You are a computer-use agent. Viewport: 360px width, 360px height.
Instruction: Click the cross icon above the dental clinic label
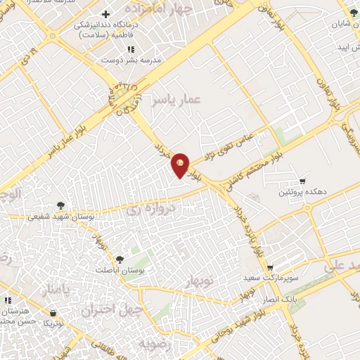click(x=105, y=14)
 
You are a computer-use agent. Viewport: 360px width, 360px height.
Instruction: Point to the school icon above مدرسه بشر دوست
click(x=131, y=49)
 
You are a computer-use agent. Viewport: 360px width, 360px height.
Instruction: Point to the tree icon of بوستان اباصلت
click(x=119, y=259)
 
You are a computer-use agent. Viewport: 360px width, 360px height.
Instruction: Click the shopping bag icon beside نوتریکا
click(x=53, y=313)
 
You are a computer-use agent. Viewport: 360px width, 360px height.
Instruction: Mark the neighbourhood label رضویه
click(x=154, y=345)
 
